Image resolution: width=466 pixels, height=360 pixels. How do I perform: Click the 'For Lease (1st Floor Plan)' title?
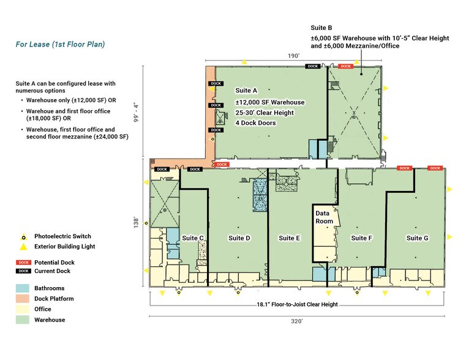[x=60, y=44]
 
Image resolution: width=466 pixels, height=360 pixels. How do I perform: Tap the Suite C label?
[x=193, y=238]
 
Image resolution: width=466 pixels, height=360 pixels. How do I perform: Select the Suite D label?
[x=239, y=238]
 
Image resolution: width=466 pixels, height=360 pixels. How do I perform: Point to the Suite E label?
[x=290, y=238]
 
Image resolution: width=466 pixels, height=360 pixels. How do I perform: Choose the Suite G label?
[x=418, y=238]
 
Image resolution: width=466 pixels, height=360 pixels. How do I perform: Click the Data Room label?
[x=324, y=217]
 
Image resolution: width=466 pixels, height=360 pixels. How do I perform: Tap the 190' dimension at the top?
[x=294, y=56]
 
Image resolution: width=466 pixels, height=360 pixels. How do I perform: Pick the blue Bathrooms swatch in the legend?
[x=23, y=288]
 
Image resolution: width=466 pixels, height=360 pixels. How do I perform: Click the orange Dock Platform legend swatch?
[x=23, y=299]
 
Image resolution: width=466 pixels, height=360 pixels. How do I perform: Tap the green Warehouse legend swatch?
[x=23, y=320]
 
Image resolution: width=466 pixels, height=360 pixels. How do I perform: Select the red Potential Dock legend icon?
[x=23, y=263]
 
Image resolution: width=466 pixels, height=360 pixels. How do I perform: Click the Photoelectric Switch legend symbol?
[x=23, y=236]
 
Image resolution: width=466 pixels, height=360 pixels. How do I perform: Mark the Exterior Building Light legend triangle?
[x=23, y=247]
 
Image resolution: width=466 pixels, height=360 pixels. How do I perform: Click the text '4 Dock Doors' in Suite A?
[x=256, y=123]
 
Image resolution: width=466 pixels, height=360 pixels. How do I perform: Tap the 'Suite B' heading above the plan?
[x=321, y=28]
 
